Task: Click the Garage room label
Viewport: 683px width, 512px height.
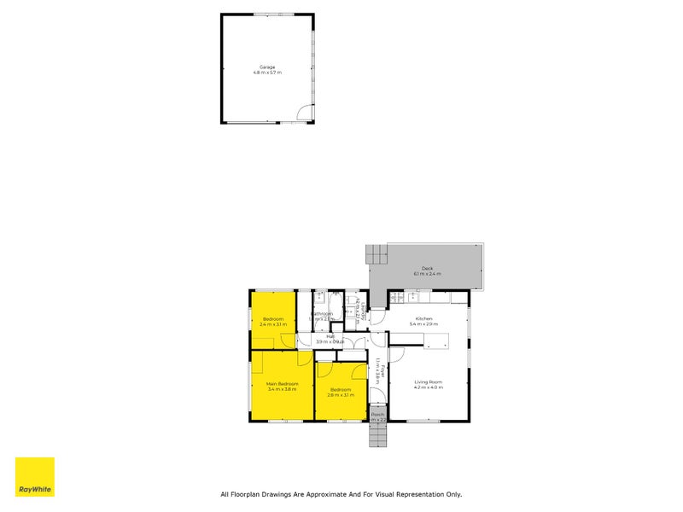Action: pyautogui.click(x=267, y=67)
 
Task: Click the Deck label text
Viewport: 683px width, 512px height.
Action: pyautogui.click(x=427, y=268)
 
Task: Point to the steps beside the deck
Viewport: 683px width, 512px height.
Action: pyautogui.click(x=377, y=253)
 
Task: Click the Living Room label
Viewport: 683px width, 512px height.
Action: pyautogui.click(x=429, y=381)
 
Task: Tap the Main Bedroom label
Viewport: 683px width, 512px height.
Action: pyautogui.click(x=282, y=384)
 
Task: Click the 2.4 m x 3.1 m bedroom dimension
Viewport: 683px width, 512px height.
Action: pyautogui.click(x=272, y=325)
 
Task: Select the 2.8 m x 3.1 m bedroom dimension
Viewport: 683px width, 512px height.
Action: pyautogui.click(x=341, y=395)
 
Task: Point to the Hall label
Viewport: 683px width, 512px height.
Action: pyautogui.click(x=330, y=336)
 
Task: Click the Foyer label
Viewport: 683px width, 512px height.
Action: pyautogui.click(x=383, y=371)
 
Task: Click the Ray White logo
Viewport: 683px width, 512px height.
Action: pyautogui.click(x=35, y=477)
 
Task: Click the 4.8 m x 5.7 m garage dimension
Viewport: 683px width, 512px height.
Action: pyautogui.click(x=267, y=73)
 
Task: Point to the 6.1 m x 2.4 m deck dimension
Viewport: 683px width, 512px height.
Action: pyautogui.click(x=427, y=274)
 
